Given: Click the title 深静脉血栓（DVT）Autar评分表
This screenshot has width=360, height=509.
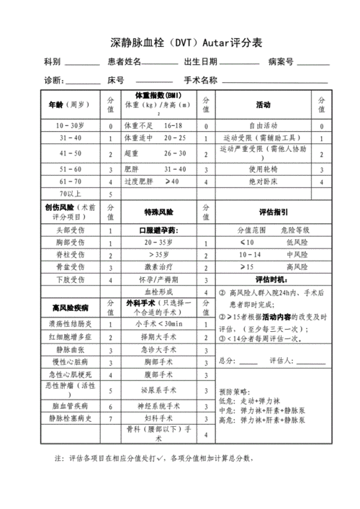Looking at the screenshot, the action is [x=180, y=43].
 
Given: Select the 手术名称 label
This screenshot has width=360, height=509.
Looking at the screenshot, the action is [x=201, y=80].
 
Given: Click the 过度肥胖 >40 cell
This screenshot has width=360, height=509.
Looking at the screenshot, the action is [x=157, y=182].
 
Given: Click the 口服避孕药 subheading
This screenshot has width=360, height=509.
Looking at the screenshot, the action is [x=158, y=230].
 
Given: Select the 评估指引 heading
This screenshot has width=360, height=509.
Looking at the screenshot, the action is [x=273, y=212].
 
